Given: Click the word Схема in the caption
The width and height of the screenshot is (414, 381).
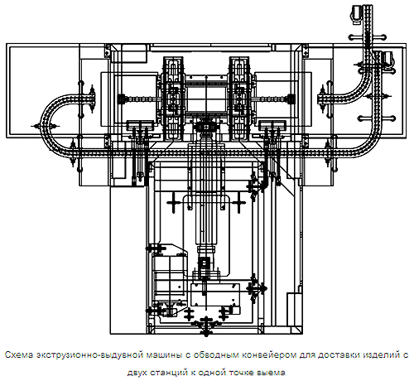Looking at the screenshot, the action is (19, 354).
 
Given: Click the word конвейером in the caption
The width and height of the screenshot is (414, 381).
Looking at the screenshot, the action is (269, 355).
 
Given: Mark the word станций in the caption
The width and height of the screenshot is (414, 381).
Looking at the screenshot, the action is (169, 373).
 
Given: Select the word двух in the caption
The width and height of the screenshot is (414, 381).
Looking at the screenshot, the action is (137, 373).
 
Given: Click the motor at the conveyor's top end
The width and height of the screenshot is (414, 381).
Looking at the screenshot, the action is (355, 13).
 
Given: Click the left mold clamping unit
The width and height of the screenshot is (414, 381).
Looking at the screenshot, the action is (173, 99).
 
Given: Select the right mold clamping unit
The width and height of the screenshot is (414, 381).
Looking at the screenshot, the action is (239, 99).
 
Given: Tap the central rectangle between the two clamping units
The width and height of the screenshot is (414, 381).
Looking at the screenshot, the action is (206, 99).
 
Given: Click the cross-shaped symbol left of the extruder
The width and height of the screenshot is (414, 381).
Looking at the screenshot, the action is (173, 203).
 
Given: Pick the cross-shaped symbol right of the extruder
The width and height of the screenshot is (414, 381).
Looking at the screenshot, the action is (239, 203).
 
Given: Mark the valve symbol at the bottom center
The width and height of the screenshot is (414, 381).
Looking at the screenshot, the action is (206, 326).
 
